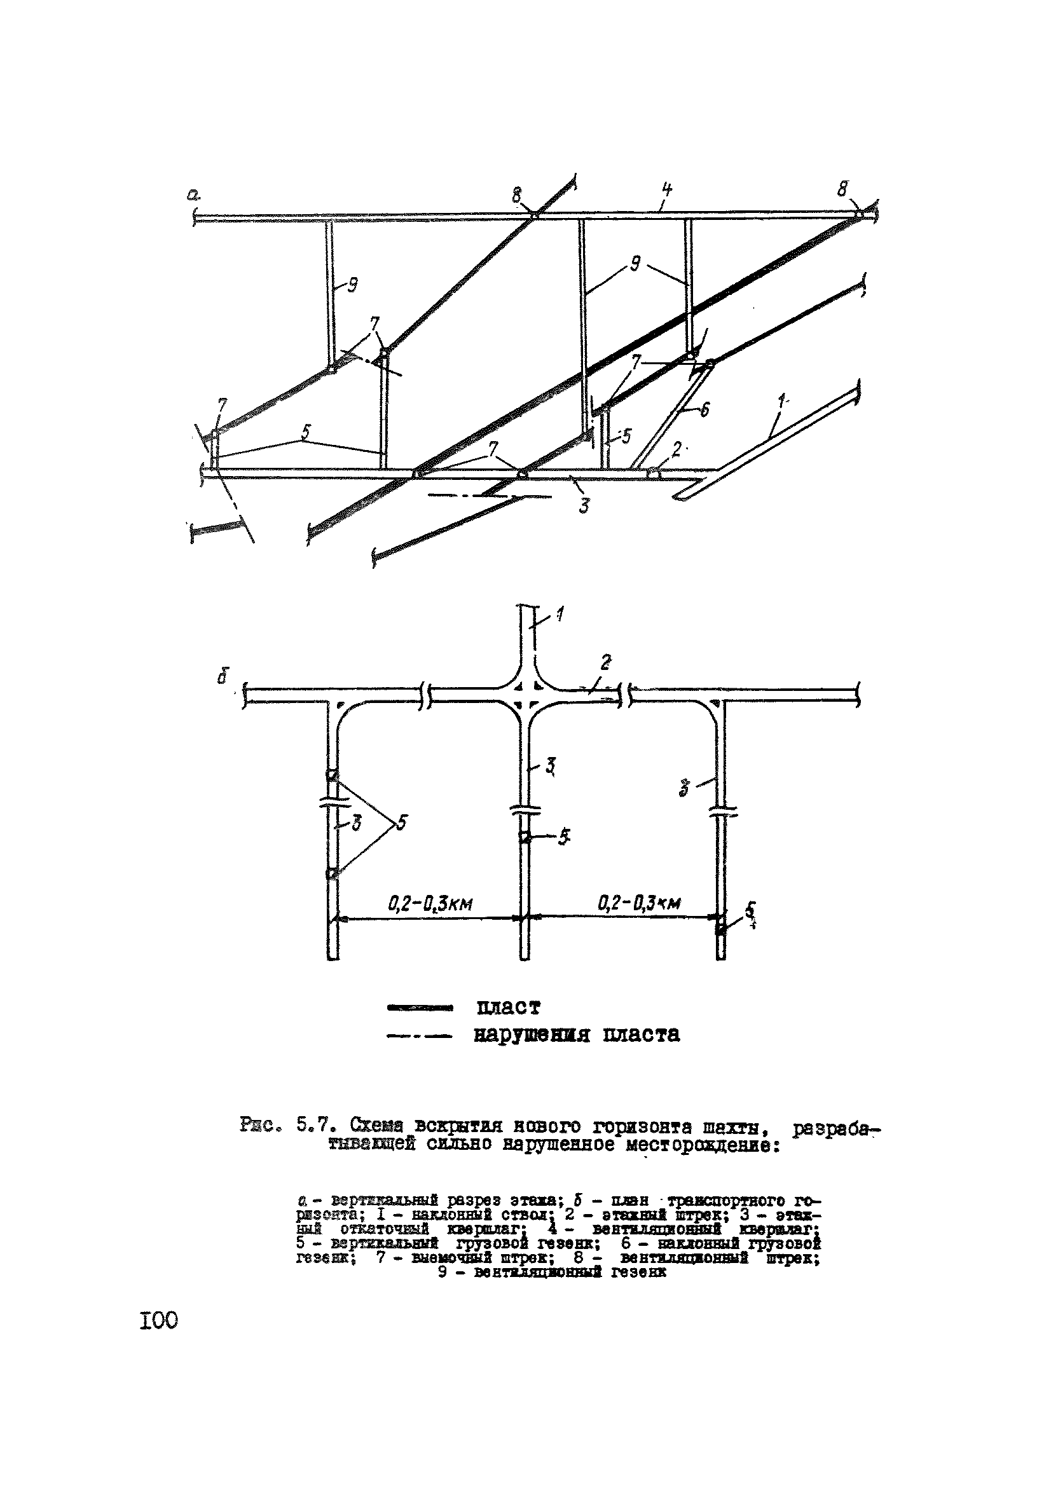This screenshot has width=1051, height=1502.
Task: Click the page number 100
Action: pyautogui.click(x=158, y=1320)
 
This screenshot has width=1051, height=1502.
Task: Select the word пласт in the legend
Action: pyautogui.click(x=509, y=1007)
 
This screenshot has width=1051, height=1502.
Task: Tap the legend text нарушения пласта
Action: pyautogui.click(x=577, y=1034)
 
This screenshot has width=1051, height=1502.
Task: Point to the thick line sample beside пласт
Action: pyautogui.click(x=420, y=1008)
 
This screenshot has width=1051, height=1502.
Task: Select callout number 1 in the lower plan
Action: pyautogui.click(x=561, y=615)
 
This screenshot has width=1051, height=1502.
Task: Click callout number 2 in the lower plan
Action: pyautogui.click(x=606, y=664)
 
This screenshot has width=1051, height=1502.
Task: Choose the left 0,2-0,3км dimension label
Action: pyautogui.click(x=430, y=903)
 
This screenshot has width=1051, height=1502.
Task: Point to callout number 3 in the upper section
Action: pyautogui.click(x=584, y=504)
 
